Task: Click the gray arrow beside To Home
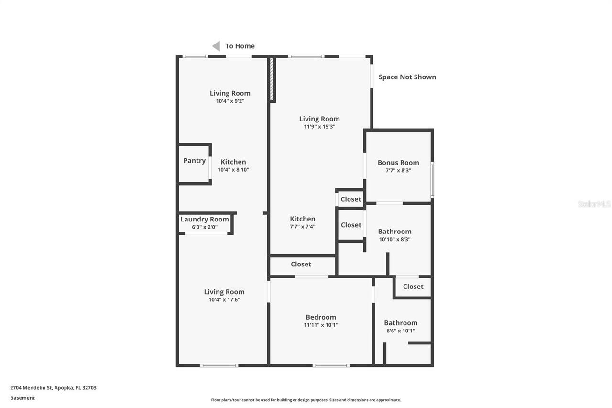(216, 46)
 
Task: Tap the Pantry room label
(195, 161)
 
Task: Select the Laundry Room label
(205, 220)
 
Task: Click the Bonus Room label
(398, 163)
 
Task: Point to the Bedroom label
(321, 317)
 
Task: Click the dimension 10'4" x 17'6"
(224, 300)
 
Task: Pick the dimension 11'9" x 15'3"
(319, 127)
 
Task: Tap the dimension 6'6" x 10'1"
(401, 331)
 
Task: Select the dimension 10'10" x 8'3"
(394, 239)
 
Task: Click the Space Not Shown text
(407, 77)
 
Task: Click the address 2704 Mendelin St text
(53, 388)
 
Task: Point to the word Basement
(22, 398)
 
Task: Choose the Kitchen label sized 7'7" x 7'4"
(303, 219)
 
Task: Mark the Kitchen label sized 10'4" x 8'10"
(233, 162)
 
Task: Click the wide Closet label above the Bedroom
(301, 264)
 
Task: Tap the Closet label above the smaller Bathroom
(413, 287)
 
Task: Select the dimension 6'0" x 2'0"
(205, 227)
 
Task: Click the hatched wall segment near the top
(272, 79)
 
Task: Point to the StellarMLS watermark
(594, 204)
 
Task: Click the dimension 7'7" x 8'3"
(398, 170)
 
